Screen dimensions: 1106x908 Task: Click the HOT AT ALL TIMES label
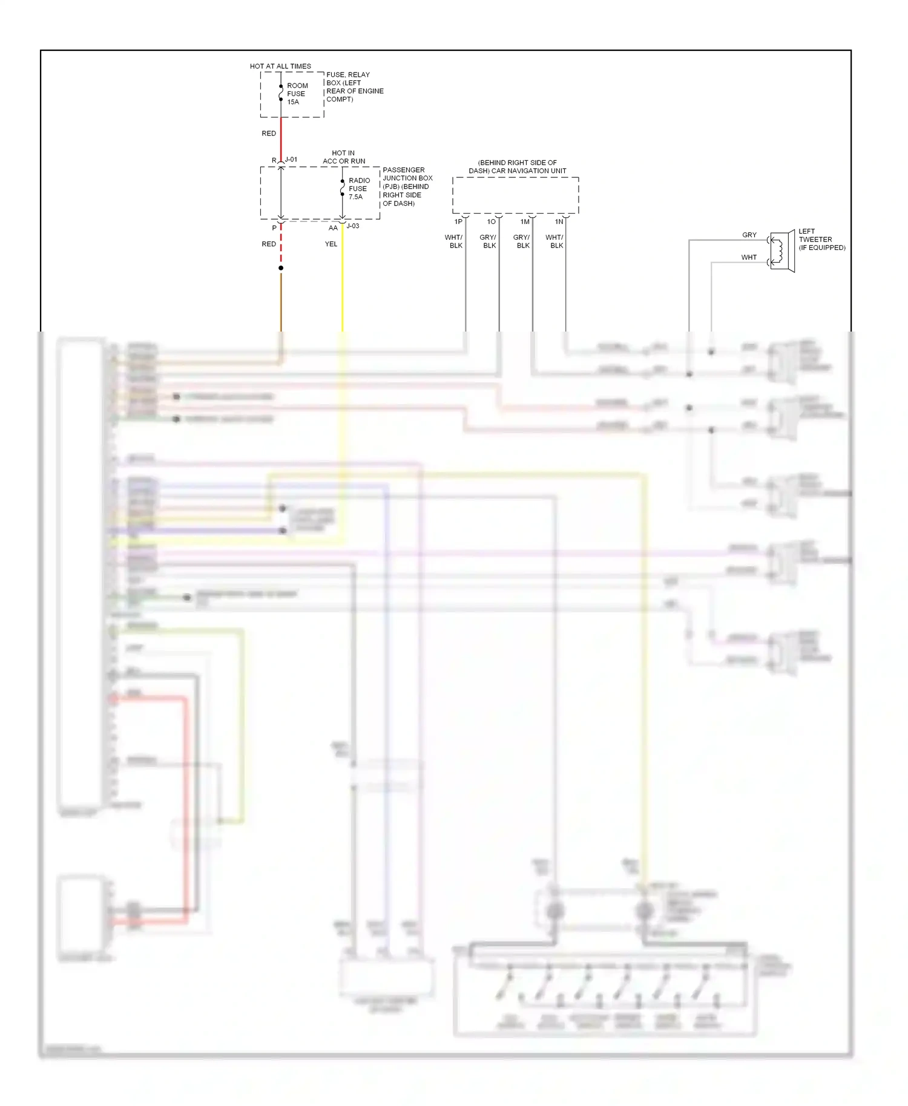coord(280,66)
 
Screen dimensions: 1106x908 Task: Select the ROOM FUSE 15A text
coord(296,94)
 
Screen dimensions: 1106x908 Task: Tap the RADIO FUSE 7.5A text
coord(358,189)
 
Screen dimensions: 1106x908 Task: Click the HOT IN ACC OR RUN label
coord(344,157)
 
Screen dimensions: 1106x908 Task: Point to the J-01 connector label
coord(291,160)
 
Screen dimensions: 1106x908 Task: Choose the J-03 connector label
coord(353,226)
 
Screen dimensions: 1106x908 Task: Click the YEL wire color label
coord(331,244)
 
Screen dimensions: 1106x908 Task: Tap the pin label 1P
coord(458,222)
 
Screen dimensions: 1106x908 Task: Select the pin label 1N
coord(559,222)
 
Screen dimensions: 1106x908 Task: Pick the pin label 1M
coord(525,222)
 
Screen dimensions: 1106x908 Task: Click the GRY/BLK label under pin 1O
coord(489,241)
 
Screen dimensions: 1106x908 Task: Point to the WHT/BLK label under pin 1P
coord(454,241)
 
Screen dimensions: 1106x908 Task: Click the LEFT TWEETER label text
coord(821,240)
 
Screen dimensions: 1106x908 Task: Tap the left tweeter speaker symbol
coord(781,250)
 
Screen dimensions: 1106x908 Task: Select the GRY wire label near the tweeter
coord(749,235)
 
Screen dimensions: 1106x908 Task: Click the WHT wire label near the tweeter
coord(749,257)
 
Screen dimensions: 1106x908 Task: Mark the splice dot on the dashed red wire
coord(281,268)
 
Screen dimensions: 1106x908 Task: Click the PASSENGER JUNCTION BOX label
coord(407,186)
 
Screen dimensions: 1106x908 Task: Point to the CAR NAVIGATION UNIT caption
coord(517,166)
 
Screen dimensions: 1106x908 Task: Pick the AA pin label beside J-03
coord(333,228)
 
